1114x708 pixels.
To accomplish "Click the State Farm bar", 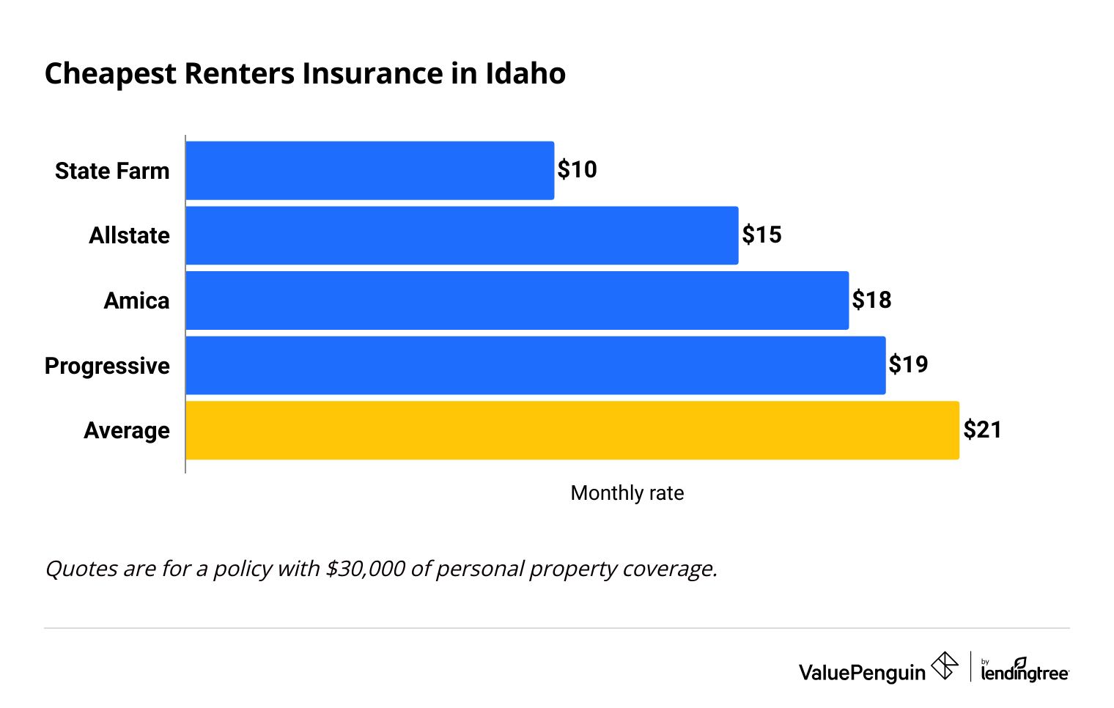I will click(x=370, y=171).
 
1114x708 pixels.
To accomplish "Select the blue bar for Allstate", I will click(x=462, y=235).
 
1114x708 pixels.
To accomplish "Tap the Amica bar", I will click(x=517, y=300).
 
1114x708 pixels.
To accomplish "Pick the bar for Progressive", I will click(x=535, y=365).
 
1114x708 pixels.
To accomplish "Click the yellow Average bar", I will click(x=572, y=430).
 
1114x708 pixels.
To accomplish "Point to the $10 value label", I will click(x=577, y=170).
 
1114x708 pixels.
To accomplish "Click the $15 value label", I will click(x=761, y=235).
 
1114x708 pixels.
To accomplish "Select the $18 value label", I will click(x=871, y=300).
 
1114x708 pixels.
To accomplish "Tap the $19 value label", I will click(x=908, y=364).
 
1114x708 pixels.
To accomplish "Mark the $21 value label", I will click(x=982, y=429).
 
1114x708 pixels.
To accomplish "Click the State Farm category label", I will click(x=112, y=172).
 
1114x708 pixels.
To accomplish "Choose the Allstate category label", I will click(x=129, y=236).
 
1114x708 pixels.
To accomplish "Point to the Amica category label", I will click(x=136, y=301).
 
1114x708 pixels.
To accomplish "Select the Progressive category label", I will click(x=107, y=366).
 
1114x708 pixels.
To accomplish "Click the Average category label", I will click(x=126, y=431).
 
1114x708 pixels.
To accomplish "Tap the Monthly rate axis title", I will click(x=627, y=493).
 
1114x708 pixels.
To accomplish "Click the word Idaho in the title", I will click(x=525, y=74).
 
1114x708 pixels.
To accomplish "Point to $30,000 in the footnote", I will click(x=365, y=569).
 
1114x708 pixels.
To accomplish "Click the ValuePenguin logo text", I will click(x=862, y=672).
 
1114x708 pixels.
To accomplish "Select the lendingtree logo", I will click(x=1024, y=671).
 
